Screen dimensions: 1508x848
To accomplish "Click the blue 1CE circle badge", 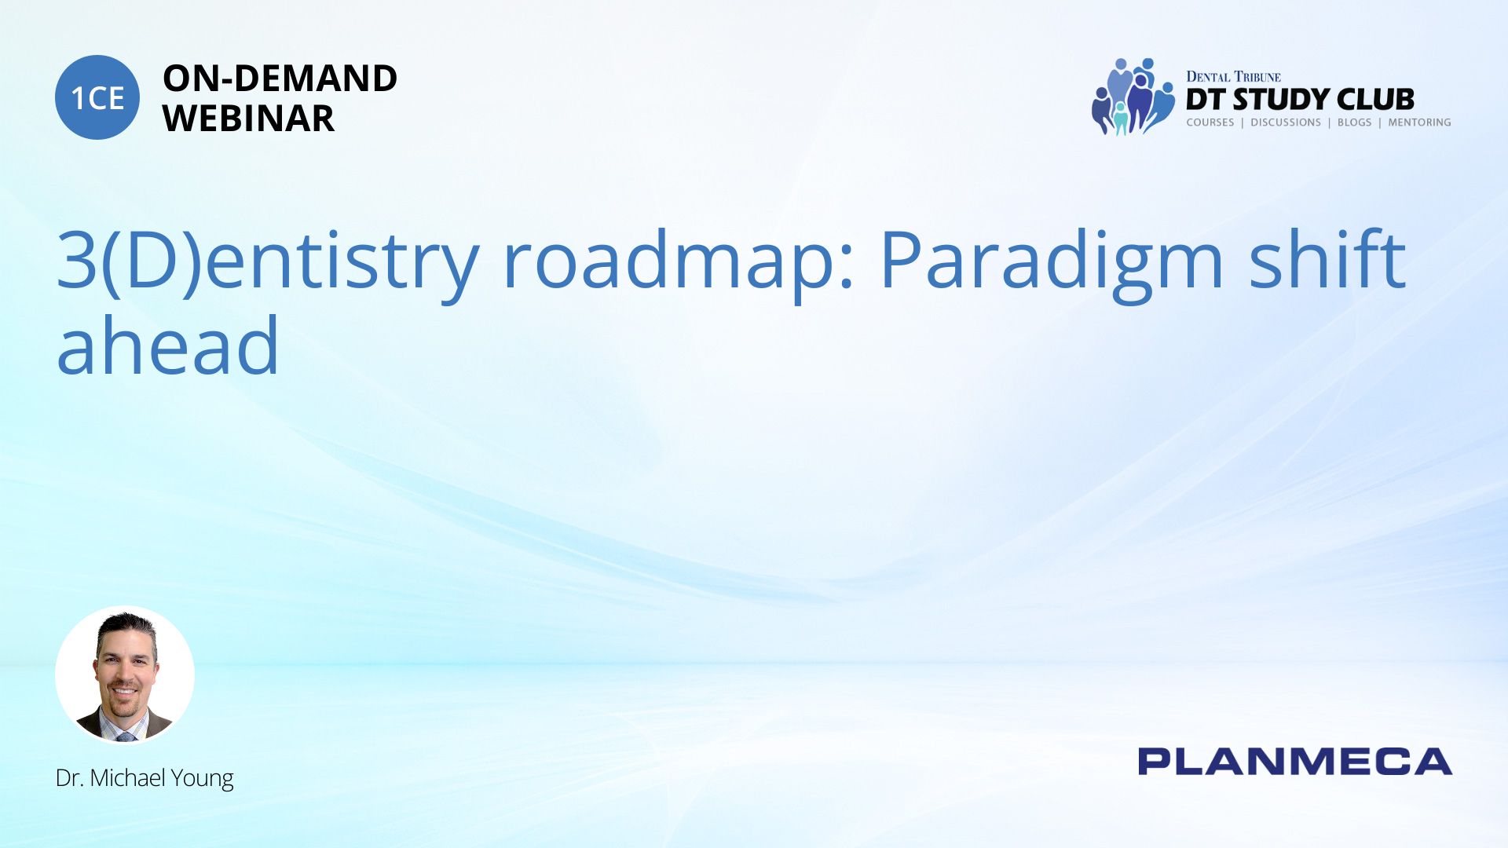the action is click(x=97, y=97).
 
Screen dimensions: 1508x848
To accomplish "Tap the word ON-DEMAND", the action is click(x=280, y=79).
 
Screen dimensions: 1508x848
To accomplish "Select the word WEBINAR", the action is click(x=248, y=119).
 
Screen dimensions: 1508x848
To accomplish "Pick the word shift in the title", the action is click(x=1327, y=258).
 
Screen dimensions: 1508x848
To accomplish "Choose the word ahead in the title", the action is click(x=168, y=344).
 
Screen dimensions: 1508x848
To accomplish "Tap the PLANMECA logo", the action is click(x=1295, y=762).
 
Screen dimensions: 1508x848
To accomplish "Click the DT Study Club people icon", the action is click(x=1133, y=97).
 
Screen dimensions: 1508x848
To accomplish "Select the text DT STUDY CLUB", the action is click(x=1300, y=100).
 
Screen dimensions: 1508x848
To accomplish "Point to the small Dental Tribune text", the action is click(x=1233, y=76).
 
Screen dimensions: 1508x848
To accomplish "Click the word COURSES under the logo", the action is click(x=1210, y=122).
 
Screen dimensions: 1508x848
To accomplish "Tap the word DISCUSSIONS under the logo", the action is click(x=1286, y=122).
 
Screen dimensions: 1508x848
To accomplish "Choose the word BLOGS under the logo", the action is click(x=1354, y=122).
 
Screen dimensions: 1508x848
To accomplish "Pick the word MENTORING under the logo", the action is click(x=1419, y=122).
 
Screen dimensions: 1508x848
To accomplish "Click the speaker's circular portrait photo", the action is click(x=125, y=674).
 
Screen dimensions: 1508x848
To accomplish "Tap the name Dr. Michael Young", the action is click(x=145, y=778).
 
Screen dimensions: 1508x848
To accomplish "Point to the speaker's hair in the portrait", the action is click(x=126, y=627).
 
